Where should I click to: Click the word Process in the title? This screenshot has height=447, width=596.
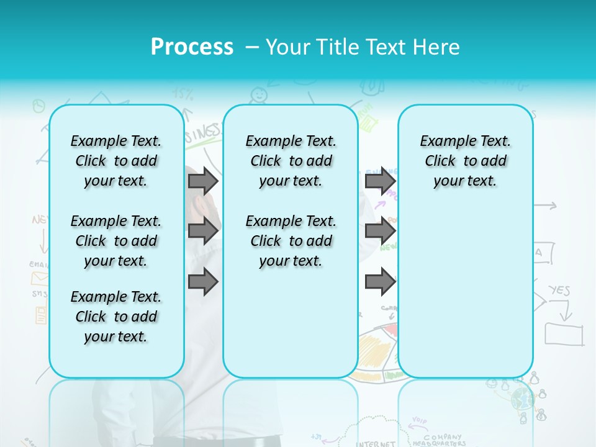pyautogui.click(x=192, y=47)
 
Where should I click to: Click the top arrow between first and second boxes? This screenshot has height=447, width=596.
pyautogui.click(x=203, y=181)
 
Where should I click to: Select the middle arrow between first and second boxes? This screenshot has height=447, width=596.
pyautogui.click(x=203, y=231)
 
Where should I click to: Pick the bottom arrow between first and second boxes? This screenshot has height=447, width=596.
pyautogui.click(x=203, y=282)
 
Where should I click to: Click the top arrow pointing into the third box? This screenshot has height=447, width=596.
pyautogui.click(x=380, y=181)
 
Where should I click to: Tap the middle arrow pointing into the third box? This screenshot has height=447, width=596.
pyautogui.click(x=380, y=231)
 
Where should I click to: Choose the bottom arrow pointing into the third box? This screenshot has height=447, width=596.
pyautogui.click(x=380, y=282)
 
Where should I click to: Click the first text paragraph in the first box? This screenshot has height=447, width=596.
pyautogui.click(x=116, y=161)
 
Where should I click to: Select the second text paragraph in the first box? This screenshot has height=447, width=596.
pyautogui.click(x=116, y=241)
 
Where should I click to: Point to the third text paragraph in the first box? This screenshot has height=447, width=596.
pyautogui.click(x=116, y=317)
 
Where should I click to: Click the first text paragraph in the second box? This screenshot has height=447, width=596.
pyautogui.click(x=291, y=161)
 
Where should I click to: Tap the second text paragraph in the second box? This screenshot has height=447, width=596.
pyautogui.click(x=291, y=241)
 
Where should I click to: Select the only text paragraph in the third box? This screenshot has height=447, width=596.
pyautogui.click(x=465, y=161)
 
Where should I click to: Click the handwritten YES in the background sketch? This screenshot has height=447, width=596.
pyautogui.click(x=559, y=291)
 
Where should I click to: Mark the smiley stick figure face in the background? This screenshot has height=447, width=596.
pyautogui.click(x=258, y=94)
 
